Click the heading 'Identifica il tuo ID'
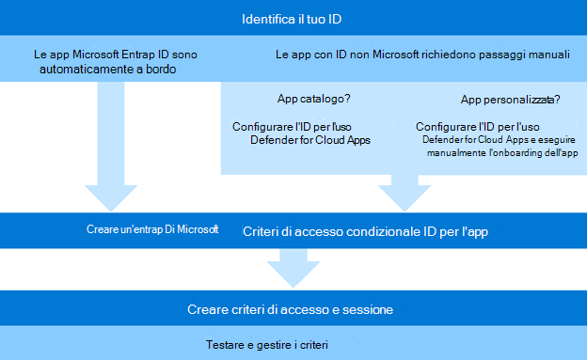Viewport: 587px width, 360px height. (293, 19)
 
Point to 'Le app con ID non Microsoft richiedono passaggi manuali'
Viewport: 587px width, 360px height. (422, 55)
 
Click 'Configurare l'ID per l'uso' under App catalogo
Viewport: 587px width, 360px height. (292, 125)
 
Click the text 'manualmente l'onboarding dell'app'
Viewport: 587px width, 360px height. (499, 153)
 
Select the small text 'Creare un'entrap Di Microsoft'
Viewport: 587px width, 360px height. (151, 229)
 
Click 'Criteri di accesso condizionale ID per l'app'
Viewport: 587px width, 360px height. (365, 231)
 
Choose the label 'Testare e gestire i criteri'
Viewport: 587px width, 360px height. (265, 345)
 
